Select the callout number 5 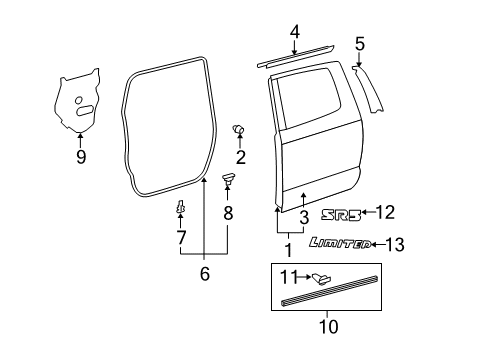tap(359, 43)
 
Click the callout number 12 tap(386, 212)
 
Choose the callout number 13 tap(397, 243)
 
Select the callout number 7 tap(181, 237)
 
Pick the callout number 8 tap(228, 212)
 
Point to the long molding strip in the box tap(330, 297)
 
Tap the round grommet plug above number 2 tap(239, 129)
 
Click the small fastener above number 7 tap(181, 208)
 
